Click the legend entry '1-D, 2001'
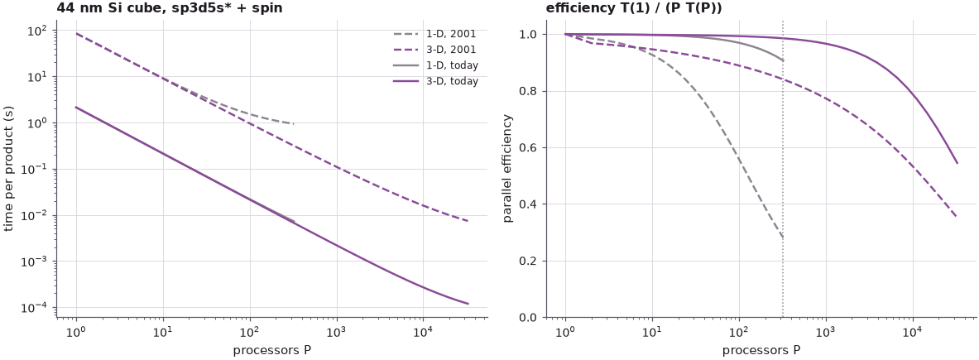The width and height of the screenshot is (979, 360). [436, 34]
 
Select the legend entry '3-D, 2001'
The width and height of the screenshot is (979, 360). [436, 50]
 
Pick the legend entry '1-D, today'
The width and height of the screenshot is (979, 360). [436, 65]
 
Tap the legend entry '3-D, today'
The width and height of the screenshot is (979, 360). [436, 80]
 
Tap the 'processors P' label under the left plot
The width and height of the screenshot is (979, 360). [272, 350]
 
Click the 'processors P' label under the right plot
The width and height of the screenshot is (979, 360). [761, 350]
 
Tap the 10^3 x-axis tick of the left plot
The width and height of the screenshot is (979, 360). [337, 330]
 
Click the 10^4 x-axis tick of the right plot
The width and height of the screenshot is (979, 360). [913, 330]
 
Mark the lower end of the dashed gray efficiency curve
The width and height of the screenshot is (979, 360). [782, 238]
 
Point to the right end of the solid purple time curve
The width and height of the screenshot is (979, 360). [468, 304]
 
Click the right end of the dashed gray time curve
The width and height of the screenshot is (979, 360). [294, 123]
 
